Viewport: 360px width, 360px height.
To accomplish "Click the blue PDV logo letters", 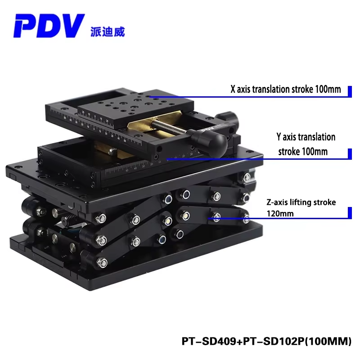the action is point(49,26).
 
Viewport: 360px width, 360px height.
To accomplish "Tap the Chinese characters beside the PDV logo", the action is point(108,31).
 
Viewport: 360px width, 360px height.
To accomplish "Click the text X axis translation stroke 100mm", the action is point(286,89).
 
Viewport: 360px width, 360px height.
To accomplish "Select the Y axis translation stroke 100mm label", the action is point(306,144).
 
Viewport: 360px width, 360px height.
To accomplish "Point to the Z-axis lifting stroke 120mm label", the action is point(301,208).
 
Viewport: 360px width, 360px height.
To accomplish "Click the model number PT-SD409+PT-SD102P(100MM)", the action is point(266,341).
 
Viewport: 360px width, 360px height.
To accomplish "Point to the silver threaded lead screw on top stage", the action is point(168,127).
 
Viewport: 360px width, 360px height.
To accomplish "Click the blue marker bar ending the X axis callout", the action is point(350,91).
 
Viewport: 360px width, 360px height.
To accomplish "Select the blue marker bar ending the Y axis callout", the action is point(350,153).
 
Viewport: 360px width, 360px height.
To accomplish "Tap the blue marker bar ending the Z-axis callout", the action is point(350,213).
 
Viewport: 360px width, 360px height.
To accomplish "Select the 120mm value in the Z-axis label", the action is point(280,214).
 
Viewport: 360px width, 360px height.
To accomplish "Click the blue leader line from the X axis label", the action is point(249,97).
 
